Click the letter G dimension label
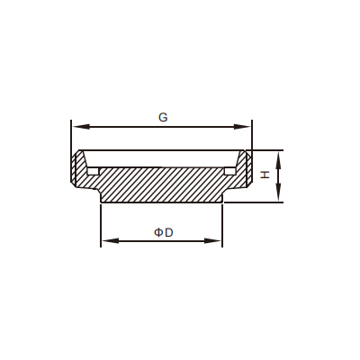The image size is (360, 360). pyautogui.click(x=163, y=117)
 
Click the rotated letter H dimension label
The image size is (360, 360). pyautogui.click(x=265, y=175)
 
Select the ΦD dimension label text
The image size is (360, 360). pyautogui.click(x=164, y=232)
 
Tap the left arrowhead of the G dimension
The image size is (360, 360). pyautogui.click(x=81, y=127)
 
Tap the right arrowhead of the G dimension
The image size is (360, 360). pyautogui.click(x=242, y=127)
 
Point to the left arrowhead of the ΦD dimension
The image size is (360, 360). pyautogui.click(x=111, y=240)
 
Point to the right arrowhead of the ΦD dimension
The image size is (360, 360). pyautogui.click(x=212, y=240)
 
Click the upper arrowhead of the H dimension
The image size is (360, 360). pyautogui.click(x=279, y=159)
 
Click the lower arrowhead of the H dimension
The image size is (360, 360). pyautogui.click(x=279, y=193)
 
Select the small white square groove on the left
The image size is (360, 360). pyautogui.click(x=93, y=171)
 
